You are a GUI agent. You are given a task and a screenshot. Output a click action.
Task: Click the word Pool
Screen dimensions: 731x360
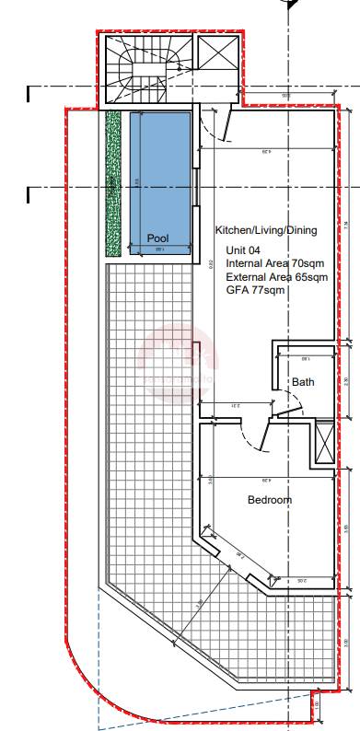[157, 238]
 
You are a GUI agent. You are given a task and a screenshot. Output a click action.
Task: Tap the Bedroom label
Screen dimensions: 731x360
[269, 500]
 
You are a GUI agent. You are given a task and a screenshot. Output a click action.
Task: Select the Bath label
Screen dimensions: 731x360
[304, 382]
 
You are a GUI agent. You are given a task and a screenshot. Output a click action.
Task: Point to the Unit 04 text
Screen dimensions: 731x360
[245, 249]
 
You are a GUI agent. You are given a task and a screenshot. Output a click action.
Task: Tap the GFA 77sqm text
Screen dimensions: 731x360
[255, 289]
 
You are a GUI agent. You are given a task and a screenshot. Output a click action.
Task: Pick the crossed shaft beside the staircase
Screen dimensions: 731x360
[218, 54]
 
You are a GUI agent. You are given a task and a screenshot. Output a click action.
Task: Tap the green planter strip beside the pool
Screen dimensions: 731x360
[114, 184]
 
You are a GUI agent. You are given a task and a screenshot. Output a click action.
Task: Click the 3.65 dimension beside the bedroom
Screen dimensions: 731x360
[346, 528]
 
